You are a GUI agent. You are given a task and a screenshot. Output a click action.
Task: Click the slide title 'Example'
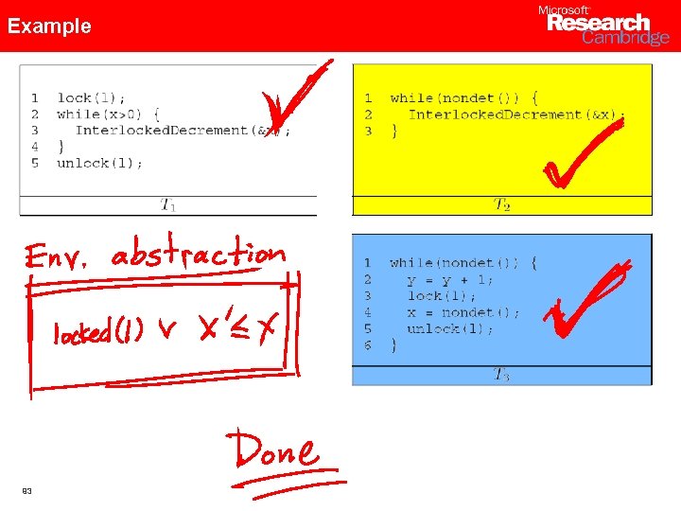pos(49,26)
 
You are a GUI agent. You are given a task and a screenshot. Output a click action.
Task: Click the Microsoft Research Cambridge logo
pos(602,26)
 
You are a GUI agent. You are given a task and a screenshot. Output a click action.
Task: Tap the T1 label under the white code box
pos(167,204)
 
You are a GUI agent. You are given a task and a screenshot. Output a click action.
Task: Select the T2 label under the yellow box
pos(502,204)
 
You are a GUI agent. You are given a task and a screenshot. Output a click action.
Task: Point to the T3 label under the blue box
pos(501,375)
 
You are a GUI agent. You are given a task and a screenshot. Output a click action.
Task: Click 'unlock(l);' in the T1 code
pos(100,163)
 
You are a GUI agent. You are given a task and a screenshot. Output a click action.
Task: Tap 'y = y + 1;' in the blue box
pos(450,279)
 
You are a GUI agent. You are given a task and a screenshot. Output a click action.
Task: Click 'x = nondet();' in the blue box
pos(463,312)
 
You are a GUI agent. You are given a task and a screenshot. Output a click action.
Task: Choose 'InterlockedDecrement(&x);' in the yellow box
pos(515,115)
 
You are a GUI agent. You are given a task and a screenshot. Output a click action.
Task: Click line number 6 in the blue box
pos(368,345)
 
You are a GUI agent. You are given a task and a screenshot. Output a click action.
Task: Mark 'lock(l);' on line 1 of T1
pos(91,97)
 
